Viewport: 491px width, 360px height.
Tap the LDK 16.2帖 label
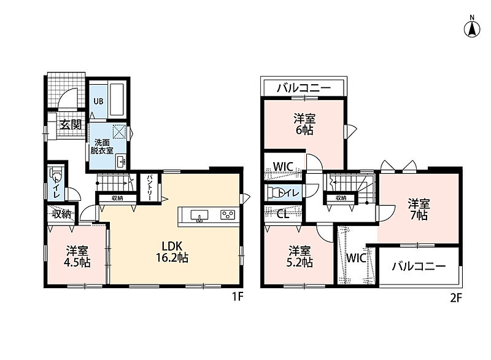pyautogui.click(x=172, y=252)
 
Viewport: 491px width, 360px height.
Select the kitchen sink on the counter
pyautogui.click(x=199, y=216)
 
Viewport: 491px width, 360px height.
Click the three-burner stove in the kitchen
pyautogui.click(x=228, y=214)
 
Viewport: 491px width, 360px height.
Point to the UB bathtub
pyautogui.click(x=117, y=99)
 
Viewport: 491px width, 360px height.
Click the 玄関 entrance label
pyautogui.click(x=71, y=125)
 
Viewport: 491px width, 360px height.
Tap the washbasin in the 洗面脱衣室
pyautogui.click(x=121, y=161)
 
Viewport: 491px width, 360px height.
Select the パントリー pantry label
pyautogui.click(x=149, y=187)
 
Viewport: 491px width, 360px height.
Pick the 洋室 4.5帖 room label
pyautogui.click(x=77, y=256)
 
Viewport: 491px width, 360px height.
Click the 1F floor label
pyautogui.click(x=237, y=296)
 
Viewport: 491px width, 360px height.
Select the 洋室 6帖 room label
pyautogui.click(x=304, y=124)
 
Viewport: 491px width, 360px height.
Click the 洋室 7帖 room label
pyautogui.click(x=419, y=209)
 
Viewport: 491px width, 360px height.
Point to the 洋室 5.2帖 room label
pyautogui.click(x=300, y=256)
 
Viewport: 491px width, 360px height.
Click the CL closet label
pyautogui.click(x=283, y=214)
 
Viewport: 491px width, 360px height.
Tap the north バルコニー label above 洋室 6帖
pyautogui.click(x=304, y=88)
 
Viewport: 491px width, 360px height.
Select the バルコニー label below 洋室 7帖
pyautogui.click(x=419, y=267)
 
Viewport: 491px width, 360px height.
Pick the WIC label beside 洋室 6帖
pyautogui.click(x=283, y=166)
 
